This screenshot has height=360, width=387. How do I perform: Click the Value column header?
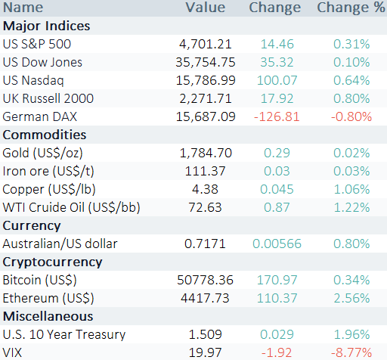pos(206,7)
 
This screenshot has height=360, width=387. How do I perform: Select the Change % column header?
pos(351,8)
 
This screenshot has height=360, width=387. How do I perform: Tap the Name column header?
pos(23,7)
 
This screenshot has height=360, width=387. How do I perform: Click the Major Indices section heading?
pos(46,26)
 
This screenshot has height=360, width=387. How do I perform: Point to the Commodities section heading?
pos(45,135)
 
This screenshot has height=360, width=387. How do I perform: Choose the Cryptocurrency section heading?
pos(52,262)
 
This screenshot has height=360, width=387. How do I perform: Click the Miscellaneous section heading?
pos(48,316)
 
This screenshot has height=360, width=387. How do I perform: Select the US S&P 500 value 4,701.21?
pos(206,44)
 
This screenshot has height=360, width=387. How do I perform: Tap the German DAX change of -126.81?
pos(277,116)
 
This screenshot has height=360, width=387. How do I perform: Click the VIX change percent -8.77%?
pos(351,352)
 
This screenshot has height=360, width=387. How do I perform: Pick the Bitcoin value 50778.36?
pos(205,280)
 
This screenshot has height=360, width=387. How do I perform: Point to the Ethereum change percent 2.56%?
pos(351,298)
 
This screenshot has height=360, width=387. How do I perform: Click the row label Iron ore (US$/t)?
pos(48,172)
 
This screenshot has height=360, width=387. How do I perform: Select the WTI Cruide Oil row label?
pos(71,208)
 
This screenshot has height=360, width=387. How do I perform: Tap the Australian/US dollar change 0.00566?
pos(277,244)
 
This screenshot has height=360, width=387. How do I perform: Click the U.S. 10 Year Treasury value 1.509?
pos(206,334)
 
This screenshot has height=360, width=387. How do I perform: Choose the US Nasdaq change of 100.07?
pos(277,80)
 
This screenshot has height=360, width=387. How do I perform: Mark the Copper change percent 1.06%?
pos(351,189)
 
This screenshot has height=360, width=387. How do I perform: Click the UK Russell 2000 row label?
pos(48,98)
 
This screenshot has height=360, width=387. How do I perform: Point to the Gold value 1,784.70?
pos(206,153)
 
